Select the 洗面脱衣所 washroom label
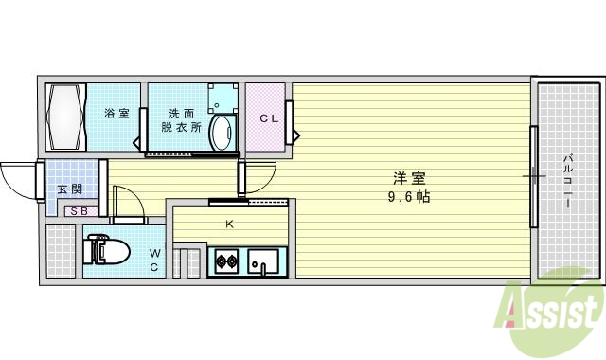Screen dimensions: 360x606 (x=181, y=118)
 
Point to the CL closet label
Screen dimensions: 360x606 (x=269, y=118)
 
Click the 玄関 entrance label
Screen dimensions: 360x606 (x=68, y=189)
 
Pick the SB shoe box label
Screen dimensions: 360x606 (x=78, y=211)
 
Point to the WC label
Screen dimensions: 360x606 (x=154, y=260)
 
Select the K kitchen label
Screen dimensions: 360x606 (x=229, y=225)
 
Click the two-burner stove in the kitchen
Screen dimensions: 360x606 (x=227, y=261)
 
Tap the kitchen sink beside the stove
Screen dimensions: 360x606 (x=264, y=261)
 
